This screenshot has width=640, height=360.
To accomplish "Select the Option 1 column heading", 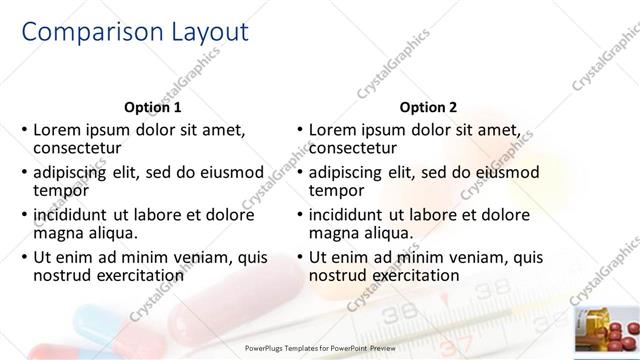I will tap(152, 107).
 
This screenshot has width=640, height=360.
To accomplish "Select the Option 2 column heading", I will tap(428, 107).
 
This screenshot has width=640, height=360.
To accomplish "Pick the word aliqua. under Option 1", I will tap(109, 232).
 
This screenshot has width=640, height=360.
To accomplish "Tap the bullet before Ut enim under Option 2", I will tap(299, 257).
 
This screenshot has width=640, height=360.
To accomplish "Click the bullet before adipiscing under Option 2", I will tap(299, 172).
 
